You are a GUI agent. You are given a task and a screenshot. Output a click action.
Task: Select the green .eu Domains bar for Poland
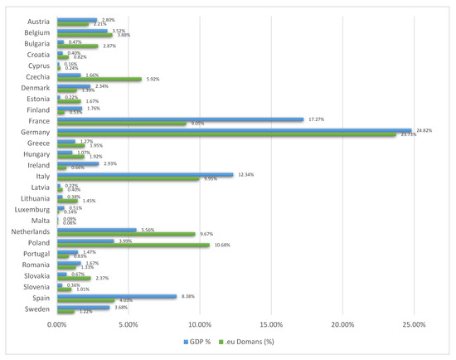coord(133,245)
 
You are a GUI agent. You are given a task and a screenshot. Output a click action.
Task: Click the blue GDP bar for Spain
coord(116,295)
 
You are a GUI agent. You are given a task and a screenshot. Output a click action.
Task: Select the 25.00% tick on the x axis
coord(414,324)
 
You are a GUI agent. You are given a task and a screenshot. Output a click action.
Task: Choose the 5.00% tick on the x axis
coord(128,324)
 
